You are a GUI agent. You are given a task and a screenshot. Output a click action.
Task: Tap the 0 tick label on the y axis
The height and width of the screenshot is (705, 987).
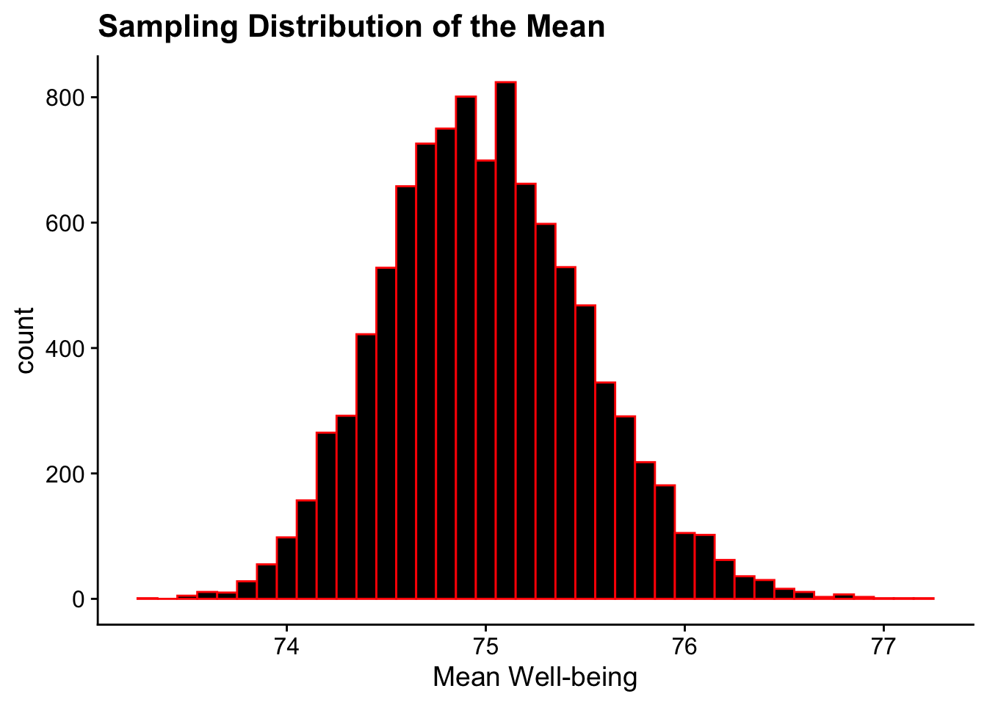(x=78, y=599)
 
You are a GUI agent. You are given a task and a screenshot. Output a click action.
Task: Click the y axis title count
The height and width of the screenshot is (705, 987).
(x=26, y=341)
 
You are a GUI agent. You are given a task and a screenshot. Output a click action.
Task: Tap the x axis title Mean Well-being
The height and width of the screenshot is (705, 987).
(x=535, y=677)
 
